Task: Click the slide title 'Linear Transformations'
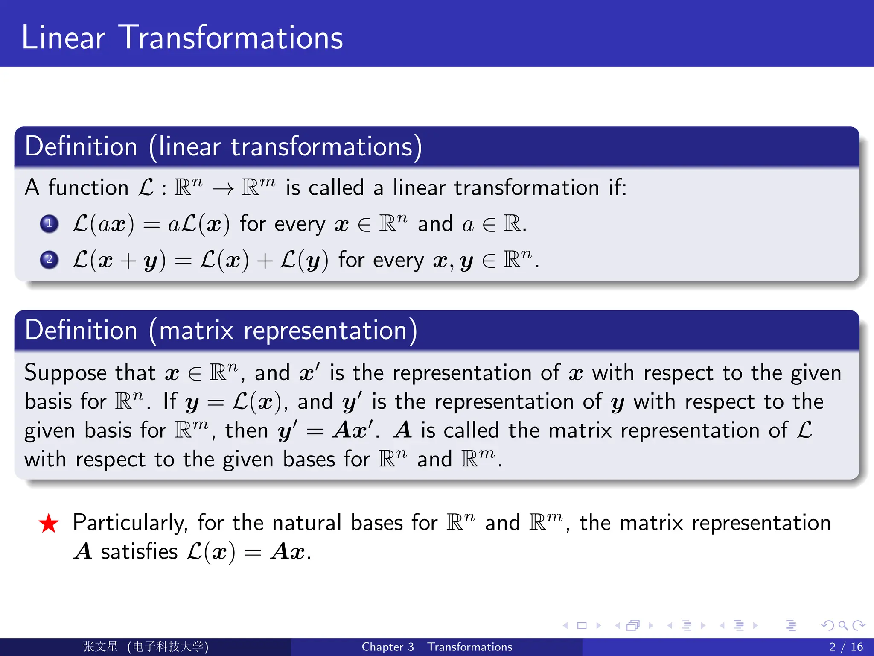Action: [x=182, y=38]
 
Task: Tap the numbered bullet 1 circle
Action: [x=49, y=223]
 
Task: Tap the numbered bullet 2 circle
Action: [x=49, y=259]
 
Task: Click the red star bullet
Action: [x=49, y=524]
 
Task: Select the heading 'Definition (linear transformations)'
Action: [x=223, y=146]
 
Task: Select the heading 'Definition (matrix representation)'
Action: [x=221, y=330]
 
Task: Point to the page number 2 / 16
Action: [x=846, y=647]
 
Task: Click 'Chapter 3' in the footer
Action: [x=387, y=647]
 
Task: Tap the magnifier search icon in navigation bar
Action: [x=843, y=626]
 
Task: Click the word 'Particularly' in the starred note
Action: [x=130, y=523]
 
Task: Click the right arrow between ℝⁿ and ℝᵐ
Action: [x=223, y=188]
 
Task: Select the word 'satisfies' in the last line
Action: [x=139, y=551]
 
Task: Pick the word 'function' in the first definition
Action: [x=88, y=188]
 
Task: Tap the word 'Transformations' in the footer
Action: [x=470, y=647]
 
